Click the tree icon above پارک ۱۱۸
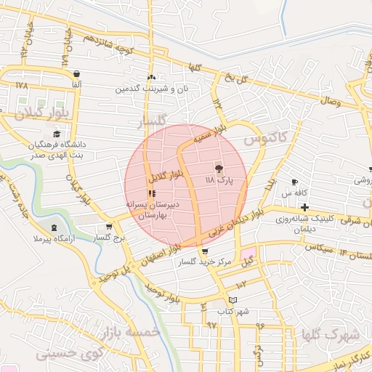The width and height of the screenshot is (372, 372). pos(219,167)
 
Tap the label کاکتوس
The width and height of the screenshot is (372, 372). pos(266,137)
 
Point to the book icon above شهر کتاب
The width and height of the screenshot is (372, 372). pos(232,300)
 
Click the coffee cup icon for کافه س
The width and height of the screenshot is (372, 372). pos(294,182)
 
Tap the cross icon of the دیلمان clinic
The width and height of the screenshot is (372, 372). pos(304,209)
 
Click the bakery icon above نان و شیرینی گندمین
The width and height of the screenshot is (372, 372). pos(151,77)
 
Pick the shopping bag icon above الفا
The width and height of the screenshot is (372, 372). pos(76,73)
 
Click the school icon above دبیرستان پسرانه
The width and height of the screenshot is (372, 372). pos(151,193)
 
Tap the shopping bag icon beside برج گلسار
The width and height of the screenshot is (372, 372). pos(109,227)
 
